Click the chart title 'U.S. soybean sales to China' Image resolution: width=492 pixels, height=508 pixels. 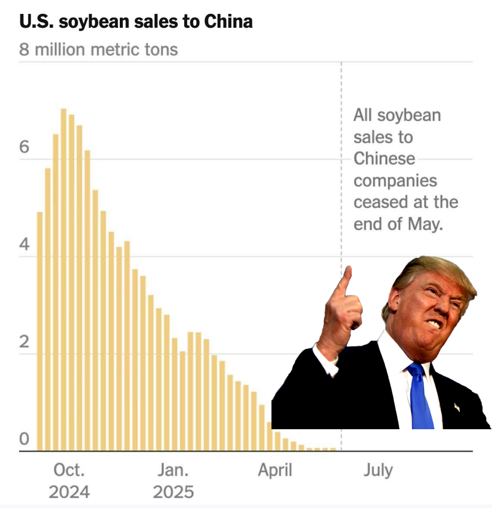click(136, 22)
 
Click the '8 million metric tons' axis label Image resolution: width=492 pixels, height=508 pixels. click(98, 49)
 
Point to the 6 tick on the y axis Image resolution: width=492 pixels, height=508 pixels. click(24, 147)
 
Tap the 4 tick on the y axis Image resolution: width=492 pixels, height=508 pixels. click(24, 244)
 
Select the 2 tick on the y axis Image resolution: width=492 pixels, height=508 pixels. click(24, 342)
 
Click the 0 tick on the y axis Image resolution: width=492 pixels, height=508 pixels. click(24, 440)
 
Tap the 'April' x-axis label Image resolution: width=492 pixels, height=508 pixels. click(275, 470)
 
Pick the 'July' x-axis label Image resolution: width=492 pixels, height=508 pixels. click(378, 470)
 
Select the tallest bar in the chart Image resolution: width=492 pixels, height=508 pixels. click(64, 278)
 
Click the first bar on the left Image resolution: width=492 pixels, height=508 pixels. click(40, 330)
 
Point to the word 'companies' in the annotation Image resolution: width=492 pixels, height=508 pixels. click(395, 181)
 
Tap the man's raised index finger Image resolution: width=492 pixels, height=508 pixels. click(346, 281)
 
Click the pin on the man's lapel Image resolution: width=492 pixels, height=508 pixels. click(457, 407)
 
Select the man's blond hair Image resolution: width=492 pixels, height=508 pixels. click(428, 272)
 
